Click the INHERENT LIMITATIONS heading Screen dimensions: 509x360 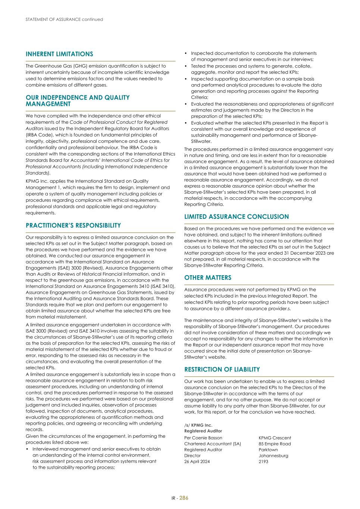59,54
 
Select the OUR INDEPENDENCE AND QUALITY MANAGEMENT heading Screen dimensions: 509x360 78,101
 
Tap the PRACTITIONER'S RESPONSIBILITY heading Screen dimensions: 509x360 73,226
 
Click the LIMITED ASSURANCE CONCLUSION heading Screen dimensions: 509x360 237,217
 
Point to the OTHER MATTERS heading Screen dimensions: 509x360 208,278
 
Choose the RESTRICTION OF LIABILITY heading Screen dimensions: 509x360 222,370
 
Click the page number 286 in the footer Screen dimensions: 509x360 184,498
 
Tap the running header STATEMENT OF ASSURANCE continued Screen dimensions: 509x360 64,19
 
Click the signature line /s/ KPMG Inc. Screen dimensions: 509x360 198,425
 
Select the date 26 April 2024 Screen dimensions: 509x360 197,462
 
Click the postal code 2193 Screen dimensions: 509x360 263,462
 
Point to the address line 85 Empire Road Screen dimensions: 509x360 275,444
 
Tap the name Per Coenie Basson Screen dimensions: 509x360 203,438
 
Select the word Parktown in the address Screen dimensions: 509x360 268,450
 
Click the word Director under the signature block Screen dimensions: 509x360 192,456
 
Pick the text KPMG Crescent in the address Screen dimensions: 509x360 275,438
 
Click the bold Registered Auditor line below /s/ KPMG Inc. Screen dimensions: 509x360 203,431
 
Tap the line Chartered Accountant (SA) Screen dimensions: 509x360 213,444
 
